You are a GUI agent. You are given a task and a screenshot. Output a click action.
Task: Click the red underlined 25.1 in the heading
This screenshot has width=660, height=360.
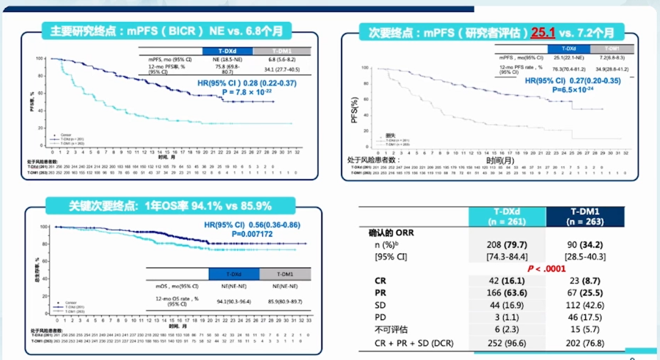point(543,32)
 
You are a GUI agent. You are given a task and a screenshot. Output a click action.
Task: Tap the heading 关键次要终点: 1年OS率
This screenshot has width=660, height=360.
point(170,205)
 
